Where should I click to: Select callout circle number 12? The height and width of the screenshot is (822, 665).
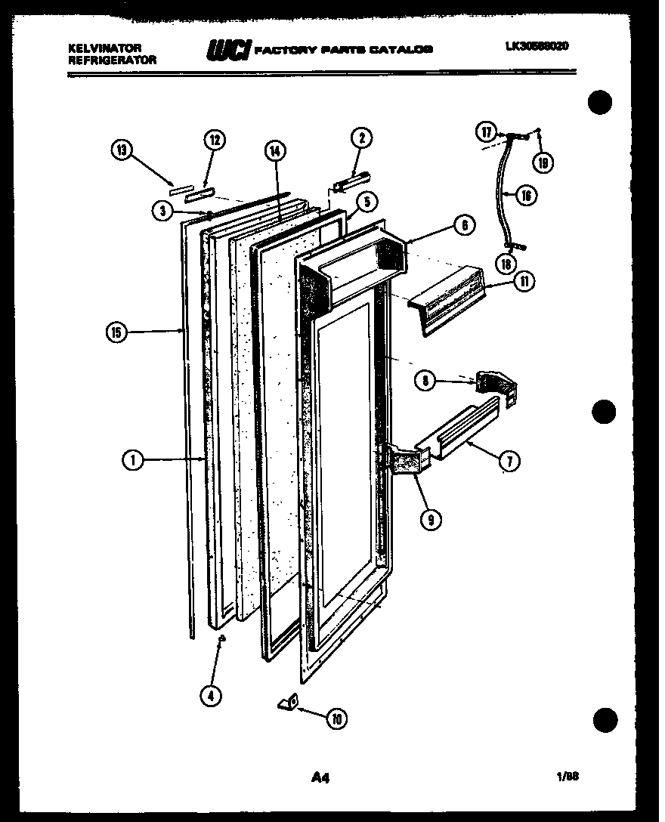pyautogui.click(x=215, y=140)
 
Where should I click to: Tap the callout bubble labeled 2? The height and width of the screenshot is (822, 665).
pyautogui.click(x=361, y=138)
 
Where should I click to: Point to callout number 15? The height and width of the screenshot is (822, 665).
pyautogui.click(x=118, y=331)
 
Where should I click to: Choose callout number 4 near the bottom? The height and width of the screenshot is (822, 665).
pyautogui.click(x=213, y=695)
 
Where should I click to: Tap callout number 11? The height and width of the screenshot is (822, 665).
pyautogui.click(x=523, y=282)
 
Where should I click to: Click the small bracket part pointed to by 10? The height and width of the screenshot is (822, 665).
pyautogui.click(x=287, y=703)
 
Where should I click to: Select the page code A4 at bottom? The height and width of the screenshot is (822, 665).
pyautogui.click(x=321, y=776)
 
